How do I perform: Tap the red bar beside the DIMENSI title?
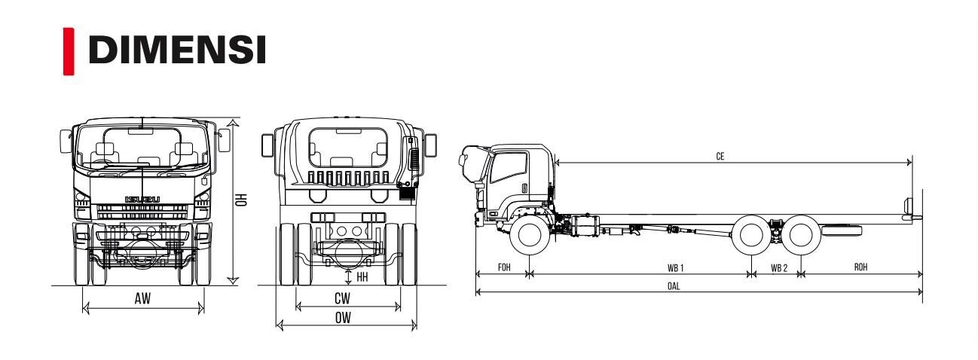point(69,51)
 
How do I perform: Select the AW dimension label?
point(142,298)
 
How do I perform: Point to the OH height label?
point(241,200)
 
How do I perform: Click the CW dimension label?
point(342,298)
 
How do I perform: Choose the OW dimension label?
point(343,318)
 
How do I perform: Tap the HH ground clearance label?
point(362,276)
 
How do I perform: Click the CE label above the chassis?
point(720,156)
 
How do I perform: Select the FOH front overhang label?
point(504,267)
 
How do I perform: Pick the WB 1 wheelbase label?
point(675,268)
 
